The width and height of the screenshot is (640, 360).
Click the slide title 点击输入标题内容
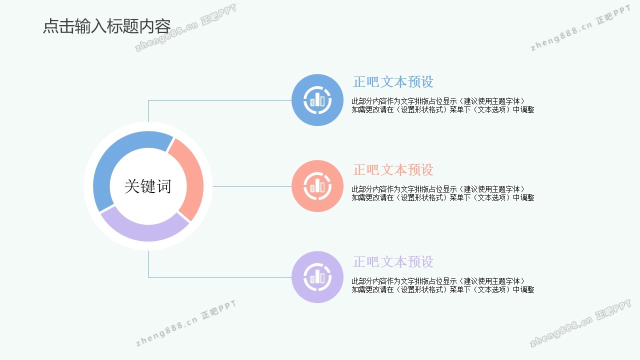tap(106, 26)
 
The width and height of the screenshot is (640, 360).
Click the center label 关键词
tap(148, 186)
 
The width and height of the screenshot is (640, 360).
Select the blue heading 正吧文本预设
tap(393, 82)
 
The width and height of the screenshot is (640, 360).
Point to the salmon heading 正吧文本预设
tap(393, 170)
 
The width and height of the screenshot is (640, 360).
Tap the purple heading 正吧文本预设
tap(393, 262)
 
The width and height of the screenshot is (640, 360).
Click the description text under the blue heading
tap(442, 105)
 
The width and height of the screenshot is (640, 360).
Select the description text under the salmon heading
tap(442, 193)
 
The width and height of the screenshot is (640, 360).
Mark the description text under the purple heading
tap(442, 285)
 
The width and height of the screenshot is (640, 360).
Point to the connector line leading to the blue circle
tap(220, 100)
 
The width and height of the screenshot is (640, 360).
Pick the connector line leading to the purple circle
tap(220, 277)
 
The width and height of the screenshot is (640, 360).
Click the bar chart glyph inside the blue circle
tap(317, 100)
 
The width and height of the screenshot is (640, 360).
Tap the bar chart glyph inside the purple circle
tap(317, 277)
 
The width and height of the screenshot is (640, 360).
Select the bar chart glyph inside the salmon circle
tap(317, 186)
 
